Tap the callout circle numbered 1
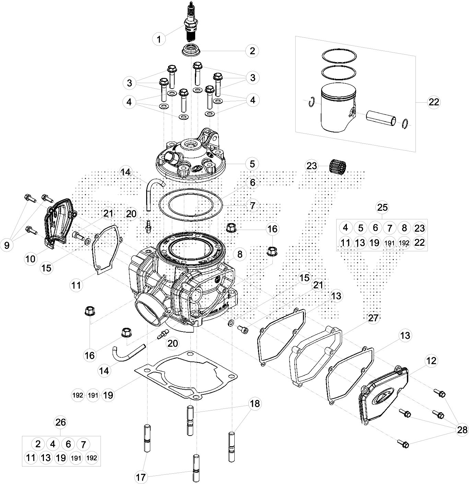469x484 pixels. coord(159,39)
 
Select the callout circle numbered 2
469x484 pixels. coord(252,51)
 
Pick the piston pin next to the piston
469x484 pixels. coord(381,118)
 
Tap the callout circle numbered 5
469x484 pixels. coord(252,163)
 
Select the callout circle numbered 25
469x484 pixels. coord(382,207)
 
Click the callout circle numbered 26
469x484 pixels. coord(61,422)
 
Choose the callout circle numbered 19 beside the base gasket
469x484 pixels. coord(108,395)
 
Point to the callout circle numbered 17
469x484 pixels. coord(141,477)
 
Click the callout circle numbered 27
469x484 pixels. coord(373,318)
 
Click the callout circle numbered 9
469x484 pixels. coord(7,245)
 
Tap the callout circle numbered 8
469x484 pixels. coord(239,254)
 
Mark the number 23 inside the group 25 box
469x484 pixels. coord(419,228)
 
